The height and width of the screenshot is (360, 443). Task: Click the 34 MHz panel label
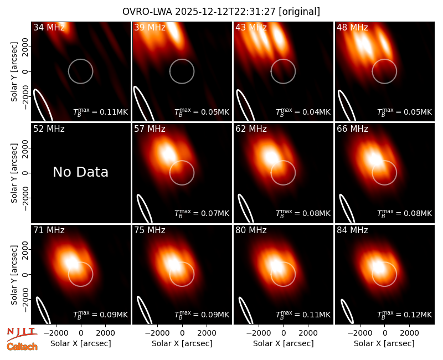(49, 27)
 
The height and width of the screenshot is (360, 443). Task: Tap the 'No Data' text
(80, 172)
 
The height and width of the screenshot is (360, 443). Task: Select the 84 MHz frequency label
(352, 230)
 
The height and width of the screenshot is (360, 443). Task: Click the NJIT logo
(22, 333)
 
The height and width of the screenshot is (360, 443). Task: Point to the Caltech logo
(22, 347)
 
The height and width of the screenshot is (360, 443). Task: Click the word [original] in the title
(299, 12)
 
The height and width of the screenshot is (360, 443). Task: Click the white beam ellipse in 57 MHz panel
(145, 209)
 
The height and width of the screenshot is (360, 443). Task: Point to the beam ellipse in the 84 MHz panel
(347, 311)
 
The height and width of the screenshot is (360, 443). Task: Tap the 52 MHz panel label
(49, 129)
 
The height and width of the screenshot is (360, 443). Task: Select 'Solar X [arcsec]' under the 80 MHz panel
(284, 343)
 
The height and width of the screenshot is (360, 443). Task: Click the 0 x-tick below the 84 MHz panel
(384, 333)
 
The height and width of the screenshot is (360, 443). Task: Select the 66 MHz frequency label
(352, 129)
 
